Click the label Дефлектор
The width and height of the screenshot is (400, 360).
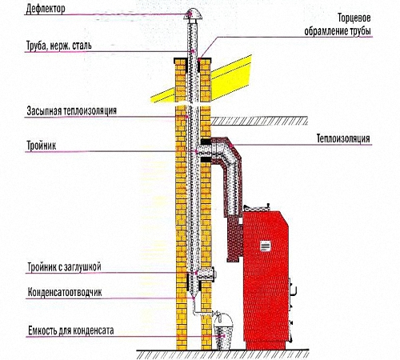pos(46,9)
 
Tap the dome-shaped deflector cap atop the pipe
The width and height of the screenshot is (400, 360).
pos(193,14)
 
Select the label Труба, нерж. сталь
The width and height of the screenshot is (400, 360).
pos(59,46)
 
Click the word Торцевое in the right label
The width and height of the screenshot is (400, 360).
pos(354,18)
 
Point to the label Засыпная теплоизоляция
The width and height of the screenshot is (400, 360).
pos(72,110)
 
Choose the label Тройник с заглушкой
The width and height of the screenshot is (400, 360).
pos(64,267)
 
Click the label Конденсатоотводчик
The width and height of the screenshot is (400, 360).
pos(65,292)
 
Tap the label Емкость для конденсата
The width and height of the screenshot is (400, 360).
pos(71,330)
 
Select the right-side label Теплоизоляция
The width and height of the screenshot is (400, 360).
pos(343,138)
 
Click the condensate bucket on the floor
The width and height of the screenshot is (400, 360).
pos(222,330)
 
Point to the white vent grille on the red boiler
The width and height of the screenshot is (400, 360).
pos(266,246)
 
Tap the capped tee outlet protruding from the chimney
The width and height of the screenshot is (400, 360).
pos(206,274)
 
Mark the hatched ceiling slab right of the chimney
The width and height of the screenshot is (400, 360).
pos(259,121)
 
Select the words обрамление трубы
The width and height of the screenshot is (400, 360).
pos(338,31)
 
